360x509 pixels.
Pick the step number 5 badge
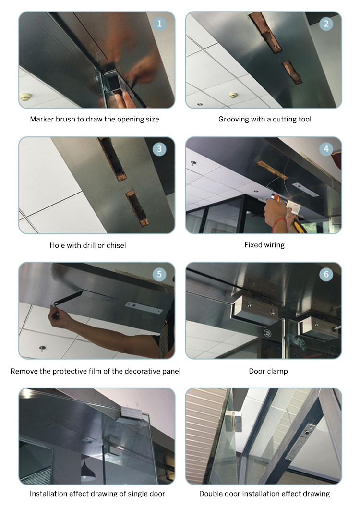click(x=159, y=275)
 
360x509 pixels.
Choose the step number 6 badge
click(x=326, y=275)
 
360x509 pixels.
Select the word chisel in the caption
click(x=115, y=245)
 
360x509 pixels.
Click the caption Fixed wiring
click(x=264, y=245)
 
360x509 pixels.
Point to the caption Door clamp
click(x=264, y=371)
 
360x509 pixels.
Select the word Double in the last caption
click(x=211, y=494)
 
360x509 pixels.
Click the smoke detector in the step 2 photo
click(x=234, y=95)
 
